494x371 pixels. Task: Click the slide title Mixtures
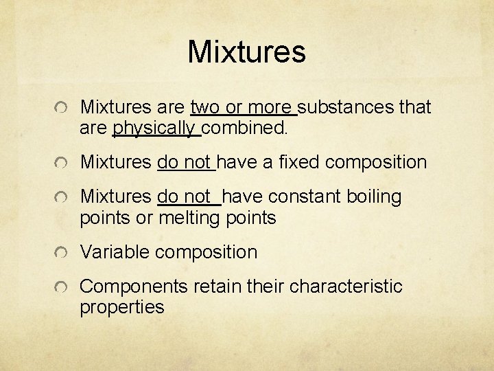246,52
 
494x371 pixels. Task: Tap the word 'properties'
122,307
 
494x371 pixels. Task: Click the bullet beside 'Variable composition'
62,254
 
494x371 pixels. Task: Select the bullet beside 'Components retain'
62,288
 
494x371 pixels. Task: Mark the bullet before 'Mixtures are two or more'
62,109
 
